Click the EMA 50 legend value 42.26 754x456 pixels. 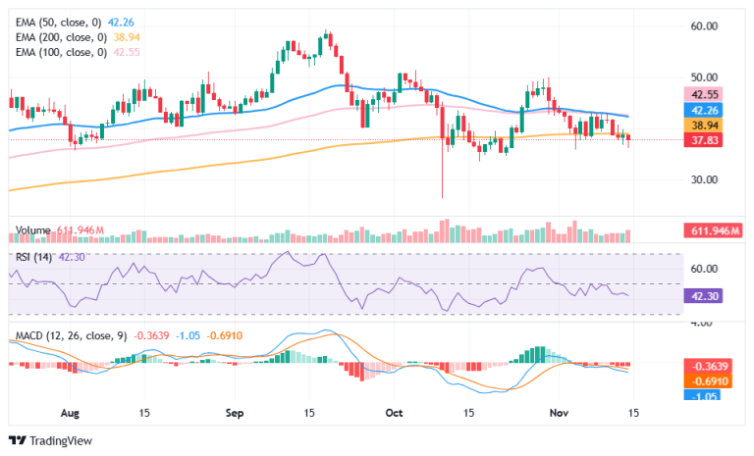click(121, 23)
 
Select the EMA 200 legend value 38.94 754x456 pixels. click(127, 37)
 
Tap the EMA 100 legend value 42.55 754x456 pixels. click(127, 52)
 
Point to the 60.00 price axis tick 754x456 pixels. click(704, 25)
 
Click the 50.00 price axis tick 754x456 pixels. click(704, 77)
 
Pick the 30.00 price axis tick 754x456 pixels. click(704, 179)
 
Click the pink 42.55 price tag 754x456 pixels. click(703, 94)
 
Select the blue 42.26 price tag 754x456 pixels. click(703, 110)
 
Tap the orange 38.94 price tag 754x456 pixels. click(703, 126)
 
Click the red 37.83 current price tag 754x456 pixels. click(703, 140)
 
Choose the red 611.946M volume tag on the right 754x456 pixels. click(714, 231)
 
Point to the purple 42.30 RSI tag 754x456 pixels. click(703, 296)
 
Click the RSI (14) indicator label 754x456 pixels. click(33, 257)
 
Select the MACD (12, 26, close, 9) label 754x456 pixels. click(71, 335)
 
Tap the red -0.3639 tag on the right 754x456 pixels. click(708, 366)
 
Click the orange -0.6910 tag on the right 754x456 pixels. click(708, 381)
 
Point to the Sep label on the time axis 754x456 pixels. click(235, 413)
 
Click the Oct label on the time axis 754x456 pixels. click(395, 413)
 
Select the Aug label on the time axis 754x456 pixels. click(70, 413)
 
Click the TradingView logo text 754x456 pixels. click(61, 440)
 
